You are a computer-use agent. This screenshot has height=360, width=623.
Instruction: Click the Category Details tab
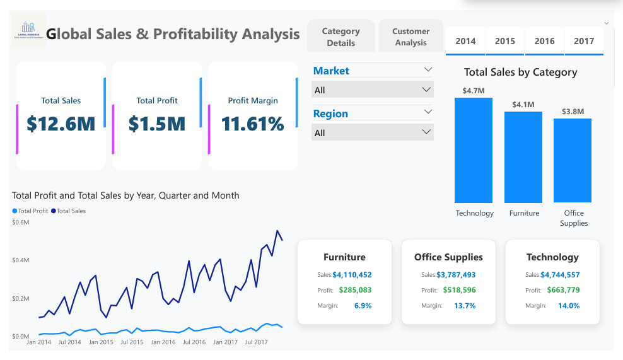point(341,37)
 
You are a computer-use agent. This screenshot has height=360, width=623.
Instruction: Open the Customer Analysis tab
point(410,37)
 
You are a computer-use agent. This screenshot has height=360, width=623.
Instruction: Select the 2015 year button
point(504,41)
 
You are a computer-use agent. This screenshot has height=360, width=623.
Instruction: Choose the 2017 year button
point(584,41)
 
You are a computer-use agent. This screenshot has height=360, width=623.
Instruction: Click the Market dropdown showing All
point(373,90)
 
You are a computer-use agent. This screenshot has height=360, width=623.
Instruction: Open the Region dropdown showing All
point(373,133)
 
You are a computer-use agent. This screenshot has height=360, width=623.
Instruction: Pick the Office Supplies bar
point(573,160)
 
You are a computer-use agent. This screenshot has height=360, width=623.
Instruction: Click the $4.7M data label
point(474,91)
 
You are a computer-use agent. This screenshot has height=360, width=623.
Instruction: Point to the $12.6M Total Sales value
point(61,124)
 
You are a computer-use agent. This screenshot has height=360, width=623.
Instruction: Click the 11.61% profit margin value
point(253,124)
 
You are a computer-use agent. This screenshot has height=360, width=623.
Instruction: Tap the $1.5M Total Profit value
point(157,124)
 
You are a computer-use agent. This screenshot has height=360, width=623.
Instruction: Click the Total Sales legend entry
point(68,211)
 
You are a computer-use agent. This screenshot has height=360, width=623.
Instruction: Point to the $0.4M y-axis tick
point(20,260)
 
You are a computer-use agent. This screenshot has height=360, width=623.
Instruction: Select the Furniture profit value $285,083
point(355,290)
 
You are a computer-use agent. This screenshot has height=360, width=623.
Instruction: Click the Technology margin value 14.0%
point(568,306)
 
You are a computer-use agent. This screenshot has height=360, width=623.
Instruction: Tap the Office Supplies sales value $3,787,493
point(456,275)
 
